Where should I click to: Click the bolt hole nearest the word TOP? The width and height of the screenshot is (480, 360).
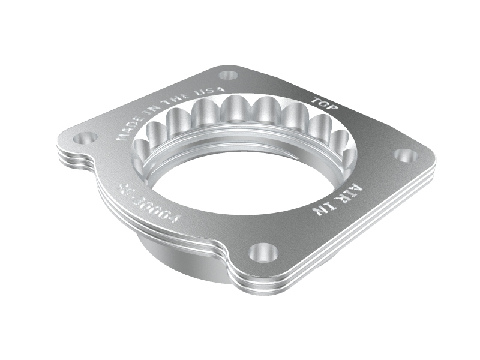pyautogui.click(x=228, y=76)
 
